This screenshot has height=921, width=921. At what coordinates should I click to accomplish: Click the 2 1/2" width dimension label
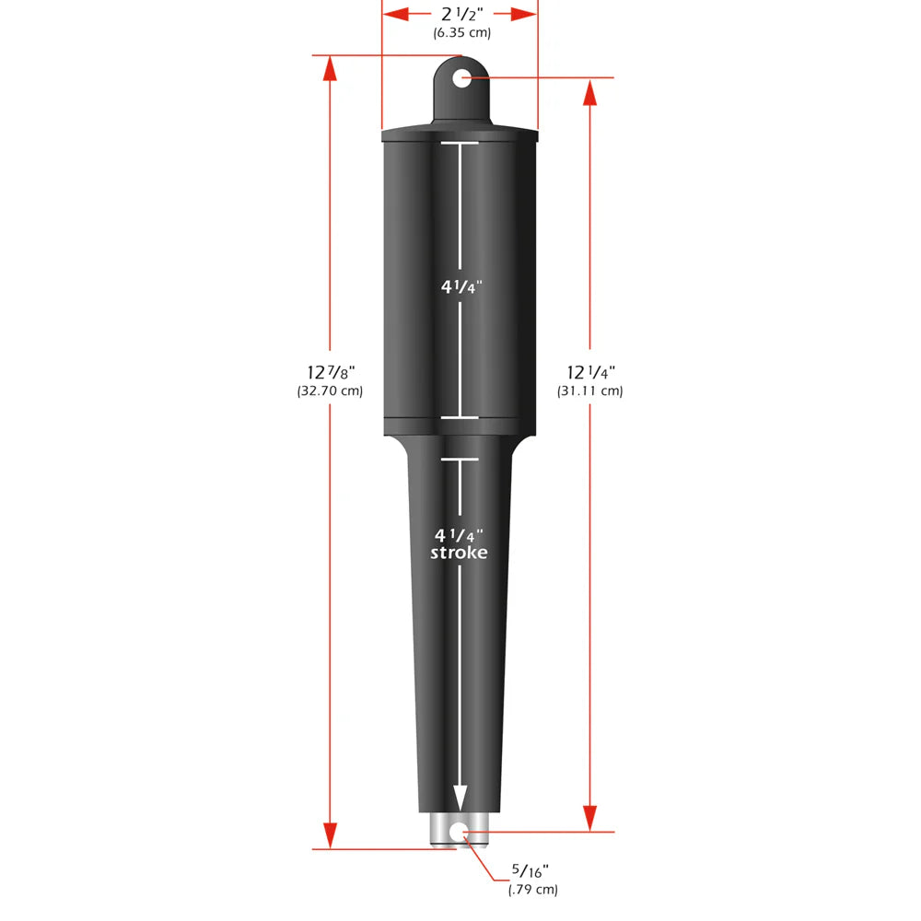[x=460, y=14]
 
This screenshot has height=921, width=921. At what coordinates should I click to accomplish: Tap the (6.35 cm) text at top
[x=461, y=33]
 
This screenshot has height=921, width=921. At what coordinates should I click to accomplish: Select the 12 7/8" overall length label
[x=331, y=372]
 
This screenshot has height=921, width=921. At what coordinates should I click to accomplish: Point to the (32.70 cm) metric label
[x=331, y=391]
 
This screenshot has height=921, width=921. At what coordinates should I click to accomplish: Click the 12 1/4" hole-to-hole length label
[x=590, y=372]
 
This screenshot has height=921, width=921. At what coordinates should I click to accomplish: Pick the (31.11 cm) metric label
[x=590, y=391]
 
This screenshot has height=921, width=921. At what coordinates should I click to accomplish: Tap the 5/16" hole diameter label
[x=532, y=870]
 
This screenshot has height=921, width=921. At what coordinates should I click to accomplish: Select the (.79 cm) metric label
[x=532, y=889]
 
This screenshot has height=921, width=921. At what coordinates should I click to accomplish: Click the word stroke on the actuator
[x=459, y=553]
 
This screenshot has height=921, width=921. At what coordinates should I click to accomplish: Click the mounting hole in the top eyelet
[x=460, y=78]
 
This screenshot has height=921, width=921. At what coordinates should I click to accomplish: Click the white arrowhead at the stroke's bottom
[x=459, y=798]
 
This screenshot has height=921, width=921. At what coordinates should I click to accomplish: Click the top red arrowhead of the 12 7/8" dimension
[x=330, y=68]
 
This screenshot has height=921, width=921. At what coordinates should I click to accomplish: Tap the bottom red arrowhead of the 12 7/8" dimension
[x=330, y=835]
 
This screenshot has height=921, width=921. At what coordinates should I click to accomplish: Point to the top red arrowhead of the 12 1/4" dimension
[x=590, y=91]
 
